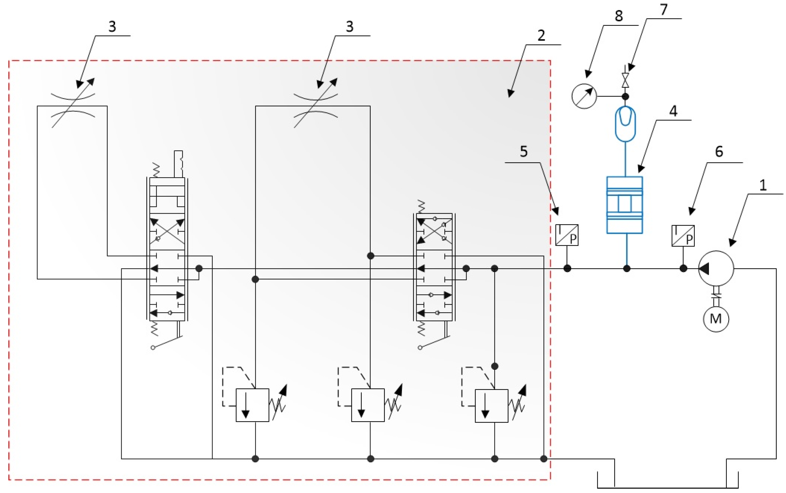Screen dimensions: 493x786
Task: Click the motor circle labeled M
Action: click(x=716, y=319)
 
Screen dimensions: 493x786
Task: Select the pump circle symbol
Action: click(x=716, y=268)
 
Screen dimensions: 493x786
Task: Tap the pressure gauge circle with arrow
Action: click(x=584, y=96)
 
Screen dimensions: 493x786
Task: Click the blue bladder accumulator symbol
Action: click(x=625, y=124)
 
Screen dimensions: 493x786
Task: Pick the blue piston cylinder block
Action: click(x=624, y=205)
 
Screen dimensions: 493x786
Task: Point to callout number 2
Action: click(x=541, y=35)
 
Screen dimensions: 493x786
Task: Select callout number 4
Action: click(x=673, y=111)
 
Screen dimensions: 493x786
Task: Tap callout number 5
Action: click(x=524, y=152)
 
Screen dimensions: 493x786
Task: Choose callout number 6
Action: click(x=719, y=152)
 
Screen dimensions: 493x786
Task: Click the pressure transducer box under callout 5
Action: click(x=567, y=235)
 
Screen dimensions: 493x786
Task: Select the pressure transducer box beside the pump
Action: click(x=683, y=235)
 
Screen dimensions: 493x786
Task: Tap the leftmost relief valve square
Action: click(x=252, y=405)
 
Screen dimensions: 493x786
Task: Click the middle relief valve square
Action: click(x=368, y=405)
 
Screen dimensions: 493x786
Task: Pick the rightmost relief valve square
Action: click(x=491, y=406)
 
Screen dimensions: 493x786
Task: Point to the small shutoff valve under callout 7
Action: click(x=625, y=80)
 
